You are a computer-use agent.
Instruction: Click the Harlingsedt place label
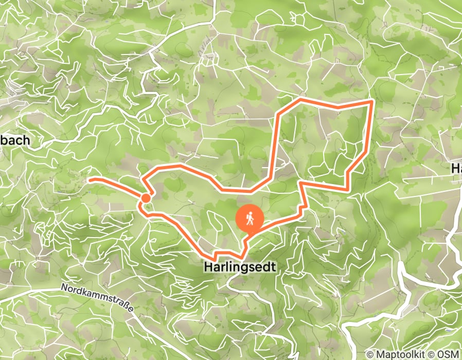[x=240, y=267]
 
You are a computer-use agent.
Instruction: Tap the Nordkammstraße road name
[x=97, y=297]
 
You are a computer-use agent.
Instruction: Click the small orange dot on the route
[x=146, y=198]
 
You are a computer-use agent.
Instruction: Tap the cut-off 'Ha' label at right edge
[x=456, y=168]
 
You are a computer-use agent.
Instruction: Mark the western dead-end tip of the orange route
[x=90, y=179]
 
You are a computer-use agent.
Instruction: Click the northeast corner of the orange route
[x=371, y=102]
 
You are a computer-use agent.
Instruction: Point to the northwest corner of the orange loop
[x=279, y=112]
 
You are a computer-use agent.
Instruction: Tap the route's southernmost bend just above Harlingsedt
[x=242, y=257]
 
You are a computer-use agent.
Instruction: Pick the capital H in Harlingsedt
[x=207, y=267]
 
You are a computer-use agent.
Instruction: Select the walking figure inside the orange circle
[x=250, y=218]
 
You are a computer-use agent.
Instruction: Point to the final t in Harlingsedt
[x=274, y=267]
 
